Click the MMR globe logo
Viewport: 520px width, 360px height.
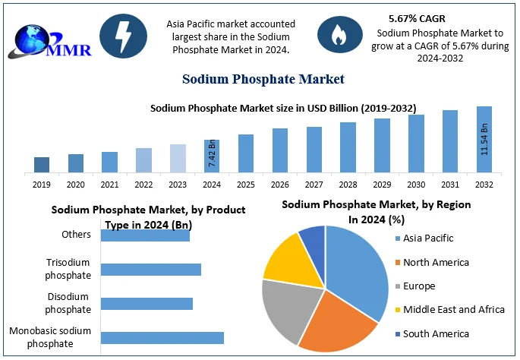coord(47,39)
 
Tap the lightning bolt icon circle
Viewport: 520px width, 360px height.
coord(123,34)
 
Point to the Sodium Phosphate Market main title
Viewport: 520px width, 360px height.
coord(263,79)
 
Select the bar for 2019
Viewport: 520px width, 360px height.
coord(42,164)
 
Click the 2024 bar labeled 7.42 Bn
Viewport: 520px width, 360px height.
coord(212,155)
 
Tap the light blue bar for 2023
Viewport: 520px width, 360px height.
coord(178,157)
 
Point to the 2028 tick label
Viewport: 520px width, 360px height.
coord(348,185)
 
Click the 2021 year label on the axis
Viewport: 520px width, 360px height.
coord(109,185)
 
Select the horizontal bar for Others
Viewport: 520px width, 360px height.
coord(145,235)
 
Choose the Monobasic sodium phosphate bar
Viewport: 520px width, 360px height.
coord(162,338)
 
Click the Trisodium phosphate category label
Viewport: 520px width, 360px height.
coord(69,268)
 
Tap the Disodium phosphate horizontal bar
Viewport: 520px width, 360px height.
coord(147,304)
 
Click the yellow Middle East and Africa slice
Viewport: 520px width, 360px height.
coord(284,256)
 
